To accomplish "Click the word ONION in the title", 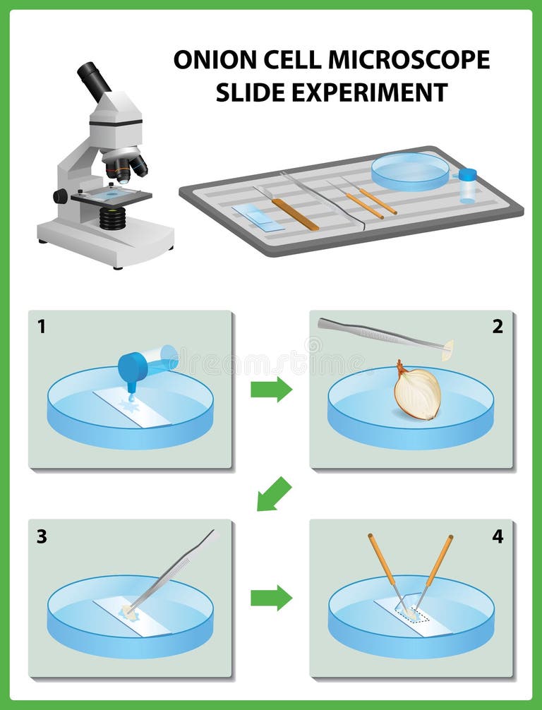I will click(x=207, y=60).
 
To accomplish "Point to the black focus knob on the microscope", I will click(x=61, y=196).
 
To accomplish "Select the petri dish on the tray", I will click(x=410, y=170).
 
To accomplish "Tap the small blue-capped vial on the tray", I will click(x=467, y=186).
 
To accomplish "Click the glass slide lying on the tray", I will click(x=258, y=217).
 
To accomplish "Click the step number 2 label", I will click(x=498, y=326).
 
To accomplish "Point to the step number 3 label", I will click(x=42, y=536).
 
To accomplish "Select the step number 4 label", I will click(x=498, y=536).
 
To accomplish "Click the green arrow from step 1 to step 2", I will click(x=271, y=389).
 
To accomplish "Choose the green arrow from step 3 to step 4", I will click(x=271, y=597).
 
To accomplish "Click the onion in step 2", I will click(x=417, y=392).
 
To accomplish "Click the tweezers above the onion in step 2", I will click(x=381, y=334).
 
